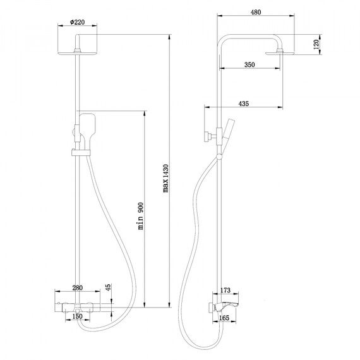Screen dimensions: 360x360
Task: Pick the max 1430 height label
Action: [x=166, y=182]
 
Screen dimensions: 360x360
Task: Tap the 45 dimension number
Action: [x=107, y=288]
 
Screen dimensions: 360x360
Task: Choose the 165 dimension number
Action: [x=225, y=319]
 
